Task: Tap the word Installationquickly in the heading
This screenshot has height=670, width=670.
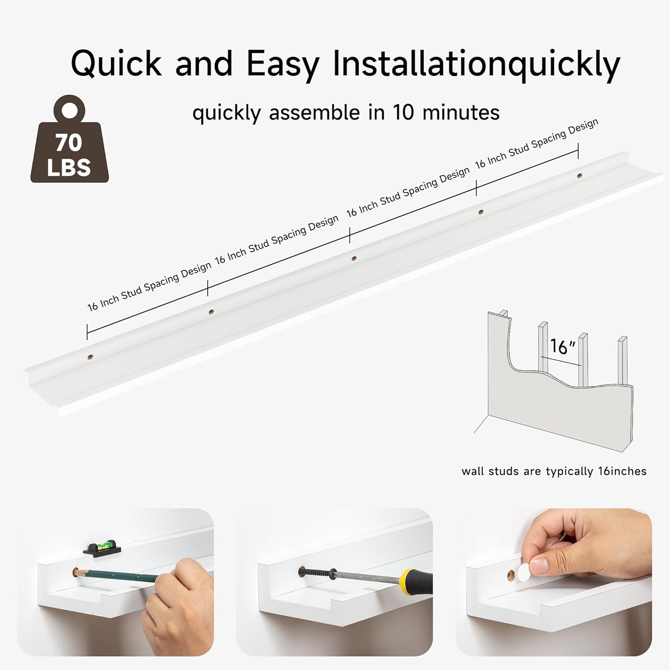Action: click(477, 64)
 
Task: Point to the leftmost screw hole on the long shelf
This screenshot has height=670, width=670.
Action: click(90, 357)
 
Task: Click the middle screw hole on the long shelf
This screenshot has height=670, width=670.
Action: click(354, 258)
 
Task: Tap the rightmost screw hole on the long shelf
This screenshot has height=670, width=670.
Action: click(579, 176)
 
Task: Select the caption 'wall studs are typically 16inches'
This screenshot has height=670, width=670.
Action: click(554, 471)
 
